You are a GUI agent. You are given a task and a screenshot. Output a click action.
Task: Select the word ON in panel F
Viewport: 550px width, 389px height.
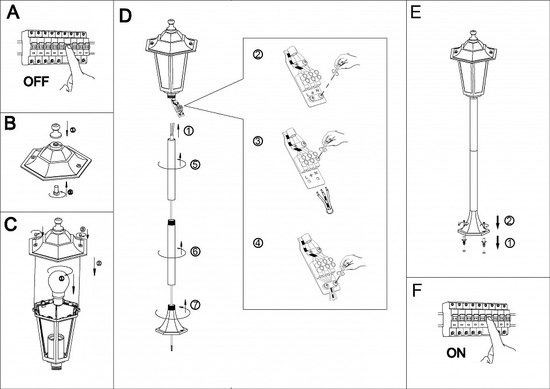coord(456,353)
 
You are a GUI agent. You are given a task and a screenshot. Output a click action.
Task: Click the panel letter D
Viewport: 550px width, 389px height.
coord(125,16)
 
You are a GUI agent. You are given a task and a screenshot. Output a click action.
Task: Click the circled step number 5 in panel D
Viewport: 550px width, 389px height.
coord(195,165)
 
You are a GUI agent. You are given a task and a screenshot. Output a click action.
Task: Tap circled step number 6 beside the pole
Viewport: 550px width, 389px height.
coord(195,251)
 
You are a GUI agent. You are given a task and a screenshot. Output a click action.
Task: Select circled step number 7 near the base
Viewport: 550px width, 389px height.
coord(196,305)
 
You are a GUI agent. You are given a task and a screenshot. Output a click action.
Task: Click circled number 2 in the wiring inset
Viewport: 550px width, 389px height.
coord(258,55)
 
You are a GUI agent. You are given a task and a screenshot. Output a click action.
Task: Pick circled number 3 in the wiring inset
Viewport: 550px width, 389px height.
coord(258,141)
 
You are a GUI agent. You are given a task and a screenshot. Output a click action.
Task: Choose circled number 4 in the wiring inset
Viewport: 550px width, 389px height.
coord(258,243)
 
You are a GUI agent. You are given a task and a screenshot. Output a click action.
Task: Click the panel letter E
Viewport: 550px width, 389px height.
coord(416,13)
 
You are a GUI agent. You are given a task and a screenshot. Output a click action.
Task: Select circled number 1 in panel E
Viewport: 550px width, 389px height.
coord(510,243)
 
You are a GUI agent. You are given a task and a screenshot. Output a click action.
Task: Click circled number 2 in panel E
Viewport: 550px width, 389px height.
coord(510,220)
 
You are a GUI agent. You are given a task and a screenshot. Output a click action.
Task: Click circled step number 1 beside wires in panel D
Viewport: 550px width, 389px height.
coord(190,130)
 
